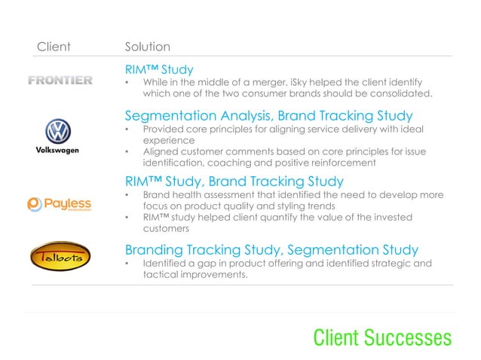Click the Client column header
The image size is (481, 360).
54,47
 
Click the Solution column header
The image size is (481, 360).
147,47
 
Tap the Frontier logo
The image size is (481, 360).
60,81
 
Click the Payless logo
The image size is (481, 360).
60,203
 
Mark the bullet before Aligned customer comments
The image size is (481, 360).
128,152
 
